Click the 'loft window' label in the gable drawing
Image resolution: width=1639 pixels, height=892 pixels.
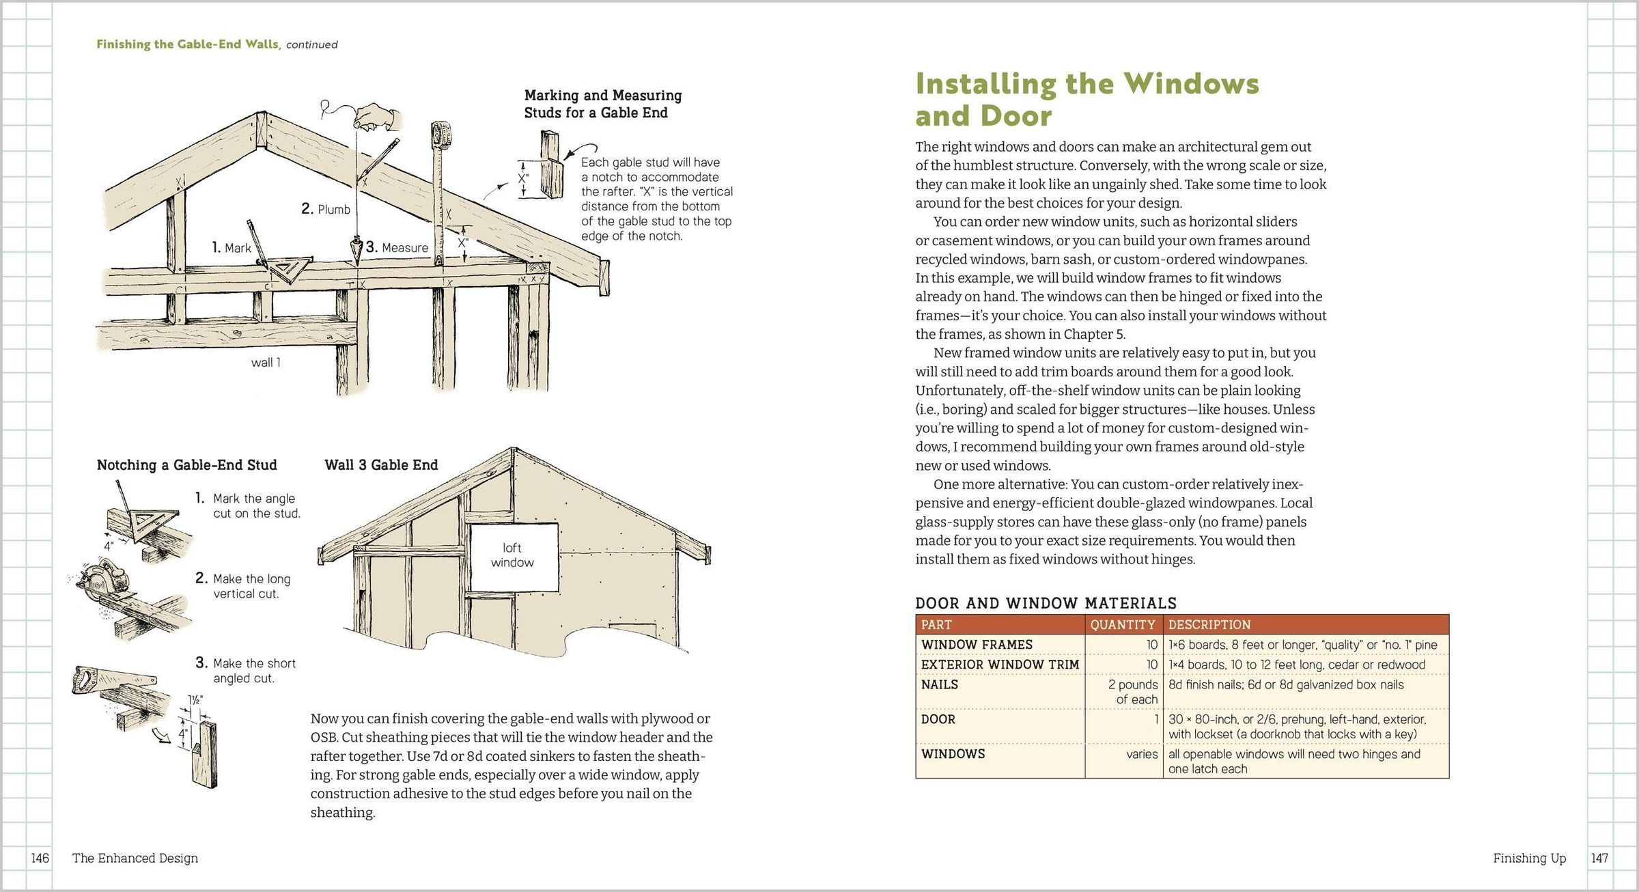(x=512, y=555)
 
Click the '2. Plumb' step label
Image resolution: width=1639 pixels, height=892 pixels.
(x=326, y=209)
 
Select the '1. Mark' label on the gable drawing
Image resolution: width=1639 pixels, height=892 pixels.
(x=232, y=248)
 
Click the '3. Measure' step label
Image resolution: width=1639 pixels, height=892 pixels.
(x=397, y=247)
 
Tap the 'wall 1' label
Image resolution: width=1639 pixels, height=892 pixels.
(x=266, y=363)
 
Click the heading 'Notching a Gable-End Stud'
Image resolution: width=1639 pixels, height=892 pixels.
(x=186, y=465)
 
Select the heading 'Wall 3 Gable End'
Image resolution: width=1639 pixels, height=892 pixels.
(x=381, y=465)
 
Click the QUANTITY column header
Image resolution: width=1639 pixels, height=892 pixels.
(x=1122, y=625)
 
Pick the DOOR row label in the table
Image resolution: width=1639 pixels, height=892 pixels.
(x=938, y=719)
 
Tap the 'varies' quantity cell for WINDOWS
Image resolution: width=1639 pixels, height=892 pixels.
(x=1142, y=754)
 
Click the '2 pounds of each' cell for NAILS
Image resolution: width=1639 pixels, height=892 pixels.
(x=1133, y=692)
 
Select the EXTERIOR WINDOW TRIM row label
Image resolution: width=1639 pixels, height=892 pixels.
(x=1000, y=665)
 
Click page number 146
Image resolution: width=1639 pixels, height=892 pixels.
(x=40, y=859)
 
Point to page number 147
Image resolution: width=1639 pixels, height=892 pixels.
(x=1599, y=859)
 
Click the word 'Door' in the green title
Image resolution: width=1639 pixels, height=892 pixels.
(x=1018, y=116)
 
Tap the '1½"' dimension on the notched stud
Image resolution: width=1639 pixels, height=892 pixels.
(x=195, y=700)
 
